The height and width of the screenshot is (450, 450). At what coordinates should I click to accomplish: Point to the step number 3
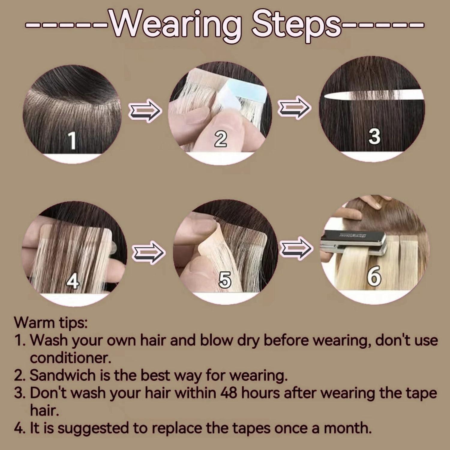374,136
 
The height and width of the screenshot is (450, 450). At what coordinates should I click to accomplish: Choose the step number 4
73,281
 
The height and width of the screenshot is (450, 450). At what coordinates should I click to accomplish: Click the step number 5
225,280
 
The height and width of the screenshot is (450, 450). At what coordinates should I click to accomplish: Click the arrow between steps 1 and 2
145,111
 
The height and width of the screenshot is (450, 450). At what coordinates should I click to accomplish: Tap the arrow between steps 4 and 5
148,252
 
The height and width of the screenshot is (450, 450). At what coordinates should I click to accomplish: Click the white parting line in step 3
372,95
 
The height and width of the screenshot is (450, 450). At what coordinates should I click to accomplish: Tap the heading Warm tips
51,322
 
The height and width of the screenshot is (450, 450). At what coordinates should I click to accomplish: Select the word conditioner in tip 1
70,358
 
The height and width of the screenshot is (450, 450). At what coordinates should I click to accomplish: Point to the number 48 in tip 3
229,393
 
